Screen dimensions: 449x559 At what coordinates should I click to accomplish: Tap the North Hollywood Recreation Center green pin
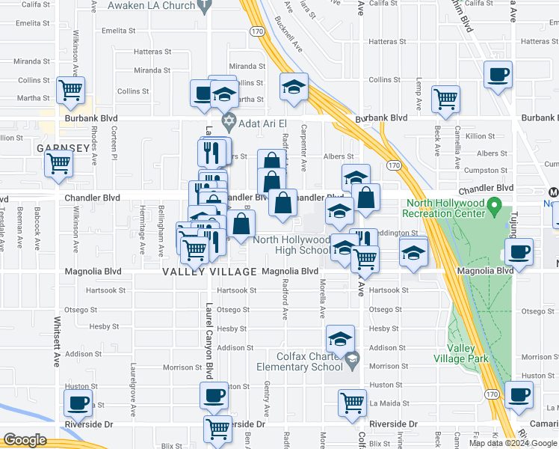(493, 204)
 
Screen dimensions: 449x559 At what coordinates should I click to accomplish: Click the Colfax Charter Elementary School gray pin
(352, 361)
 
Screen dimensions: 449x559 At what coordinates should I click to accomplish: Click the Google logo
(25, 440)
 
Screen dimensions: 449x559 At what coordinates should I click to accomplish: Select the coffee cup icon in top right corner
(498, 75)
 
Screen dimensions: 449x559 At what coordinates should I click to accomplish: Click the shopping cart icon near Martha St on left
(71, 91)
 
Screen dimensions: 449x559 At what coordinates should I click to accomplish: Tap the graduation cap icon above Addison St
(340, 338)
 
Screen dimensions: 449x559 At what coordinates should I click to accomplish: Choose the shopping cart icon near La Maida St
(351, 402)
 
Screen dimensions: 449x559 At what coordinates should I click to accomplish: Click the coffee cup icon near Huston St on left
(78, 403)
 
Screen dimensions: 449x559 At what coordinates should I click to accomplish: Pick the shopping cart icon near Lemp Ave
(445, 98)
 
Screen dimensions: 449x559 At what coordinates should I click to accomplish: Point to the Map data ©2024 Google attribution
(512, 442)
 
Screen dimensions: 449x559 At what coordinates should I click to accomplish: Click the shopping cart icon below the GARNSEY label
(59, 162)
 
